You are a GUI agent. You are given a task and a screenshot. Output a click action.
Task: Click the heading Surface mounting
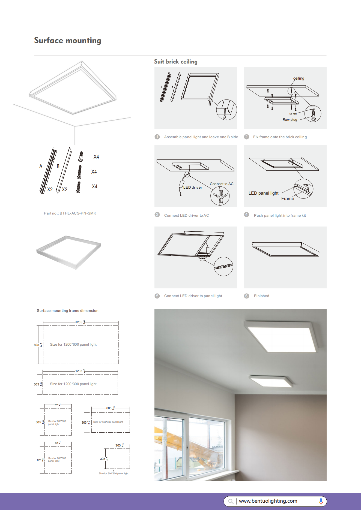(67, 41)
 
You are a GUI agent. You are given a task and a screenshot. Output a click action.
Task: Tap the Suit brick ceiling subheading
(175, 62)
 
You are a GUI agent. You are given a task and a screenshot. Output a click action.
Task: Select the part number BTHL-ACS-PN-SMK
(70, 213)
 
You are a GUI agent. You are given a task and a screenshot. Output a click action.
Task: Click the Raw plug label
(290, 120)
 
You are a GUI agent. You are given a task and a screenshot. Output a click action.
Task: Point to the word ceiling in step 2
(299, 79)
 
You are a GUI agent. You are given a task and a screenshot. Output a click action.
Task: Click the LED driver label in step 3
(193, 188)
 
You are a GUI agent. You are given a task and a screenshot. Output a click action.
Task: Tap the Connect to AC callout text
(221, 184)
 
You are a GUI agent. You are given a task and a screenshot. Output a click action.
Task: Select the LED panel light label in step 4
(263, 193)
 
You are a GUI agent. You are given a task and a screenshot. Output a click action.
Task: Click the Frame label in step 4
(288, 199)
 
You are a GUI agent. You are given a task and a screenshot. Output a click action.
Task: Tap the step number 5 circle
(157, 296)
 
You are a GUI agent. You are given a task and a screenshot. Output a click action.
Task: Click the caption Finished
(261, 296)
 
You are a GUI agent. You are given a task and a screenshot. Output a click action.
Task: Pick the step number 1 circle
(157, 137)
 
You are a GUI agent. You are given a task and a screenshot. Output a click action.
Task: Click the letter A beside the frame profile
(41, 166)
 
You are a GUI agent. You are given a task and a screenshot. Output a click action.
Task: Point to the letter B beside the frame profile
(58, 166)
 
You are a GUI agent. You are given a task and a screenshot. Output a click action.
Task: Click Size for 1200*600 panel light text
(73, 345)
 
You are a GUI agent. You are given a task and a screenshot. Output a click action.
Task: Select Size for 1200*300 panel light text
(73, 384)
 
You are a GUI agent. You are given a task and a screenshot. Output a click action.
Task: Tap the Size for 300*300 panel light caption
(114, 473)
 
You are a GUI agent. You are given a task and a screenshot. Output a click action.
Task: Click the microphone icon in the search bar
(321, 501)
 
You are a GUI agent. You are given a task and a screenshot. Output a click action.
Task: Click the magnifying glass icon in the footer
(231, 501)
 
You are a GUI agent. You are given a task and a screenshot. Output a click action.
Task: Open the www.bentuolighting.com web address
(268, 501)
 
